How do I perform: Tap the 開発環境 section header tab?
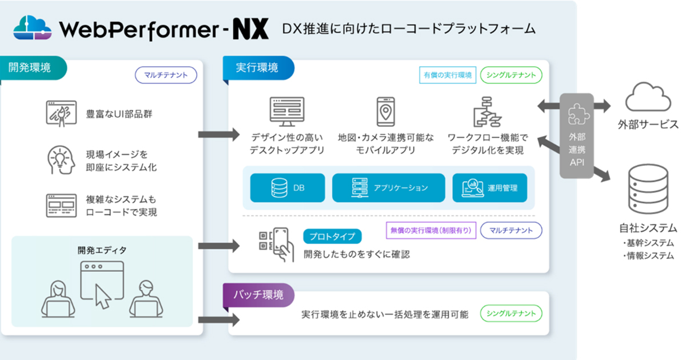point(31,67)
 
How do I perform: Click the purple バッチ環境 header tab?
point(259,295)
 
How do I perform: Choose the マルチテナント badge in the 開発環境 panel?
point(166,75)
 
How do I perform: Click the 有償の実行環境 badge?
point(447,75)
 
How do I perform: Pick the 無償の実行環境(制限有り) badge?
point(430,230)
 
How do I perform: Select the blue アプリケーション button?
point(389,187)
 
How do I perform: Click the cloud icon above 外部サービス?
point(647,98)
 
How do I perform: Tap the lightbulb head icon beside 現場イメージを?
point(61,160)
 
